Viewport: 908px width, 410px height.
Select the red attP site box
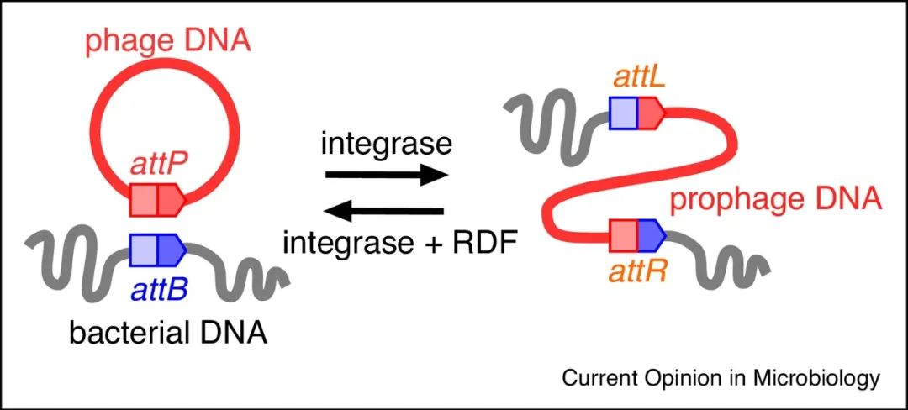click(157, 198)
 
